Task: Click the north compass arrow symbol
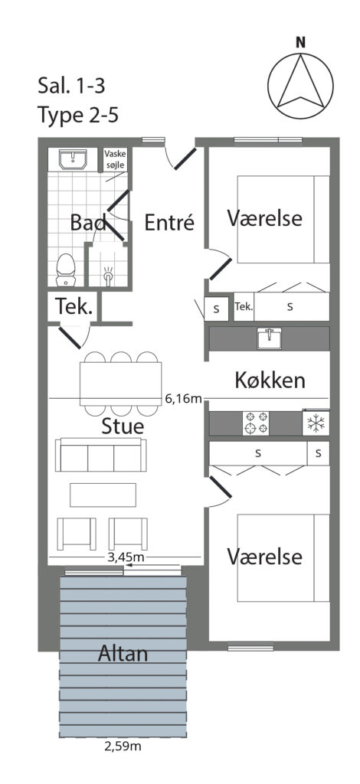click(300, 85)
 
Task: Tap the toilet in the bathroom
click(65, 270)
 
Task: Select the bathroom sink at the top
click(73, 159)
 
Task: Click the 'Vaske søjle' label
click(115, 159)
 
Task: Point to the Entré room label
click(169, 223)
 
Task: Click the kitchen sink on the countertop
click(269, 338)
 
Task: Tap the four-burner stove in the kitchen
click(256, 423)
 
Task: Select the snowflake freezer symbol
click(316, 423)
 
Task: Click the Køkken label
click(270, 381)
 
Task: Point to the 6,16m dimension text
click(183, 398)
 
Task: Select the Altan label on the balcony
click(123, 653)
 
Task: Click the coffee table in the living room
click(103, 495)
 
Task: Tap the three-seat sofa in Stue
click(101, 455)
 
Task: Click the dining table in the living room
click(120, 384)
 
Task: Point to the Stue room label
click(123, 426)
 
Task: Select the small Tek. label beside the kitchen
click(244, 306)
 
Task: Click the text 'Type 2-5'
click(78, 115)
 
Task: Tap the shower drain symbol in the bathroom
click(108, 276)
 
